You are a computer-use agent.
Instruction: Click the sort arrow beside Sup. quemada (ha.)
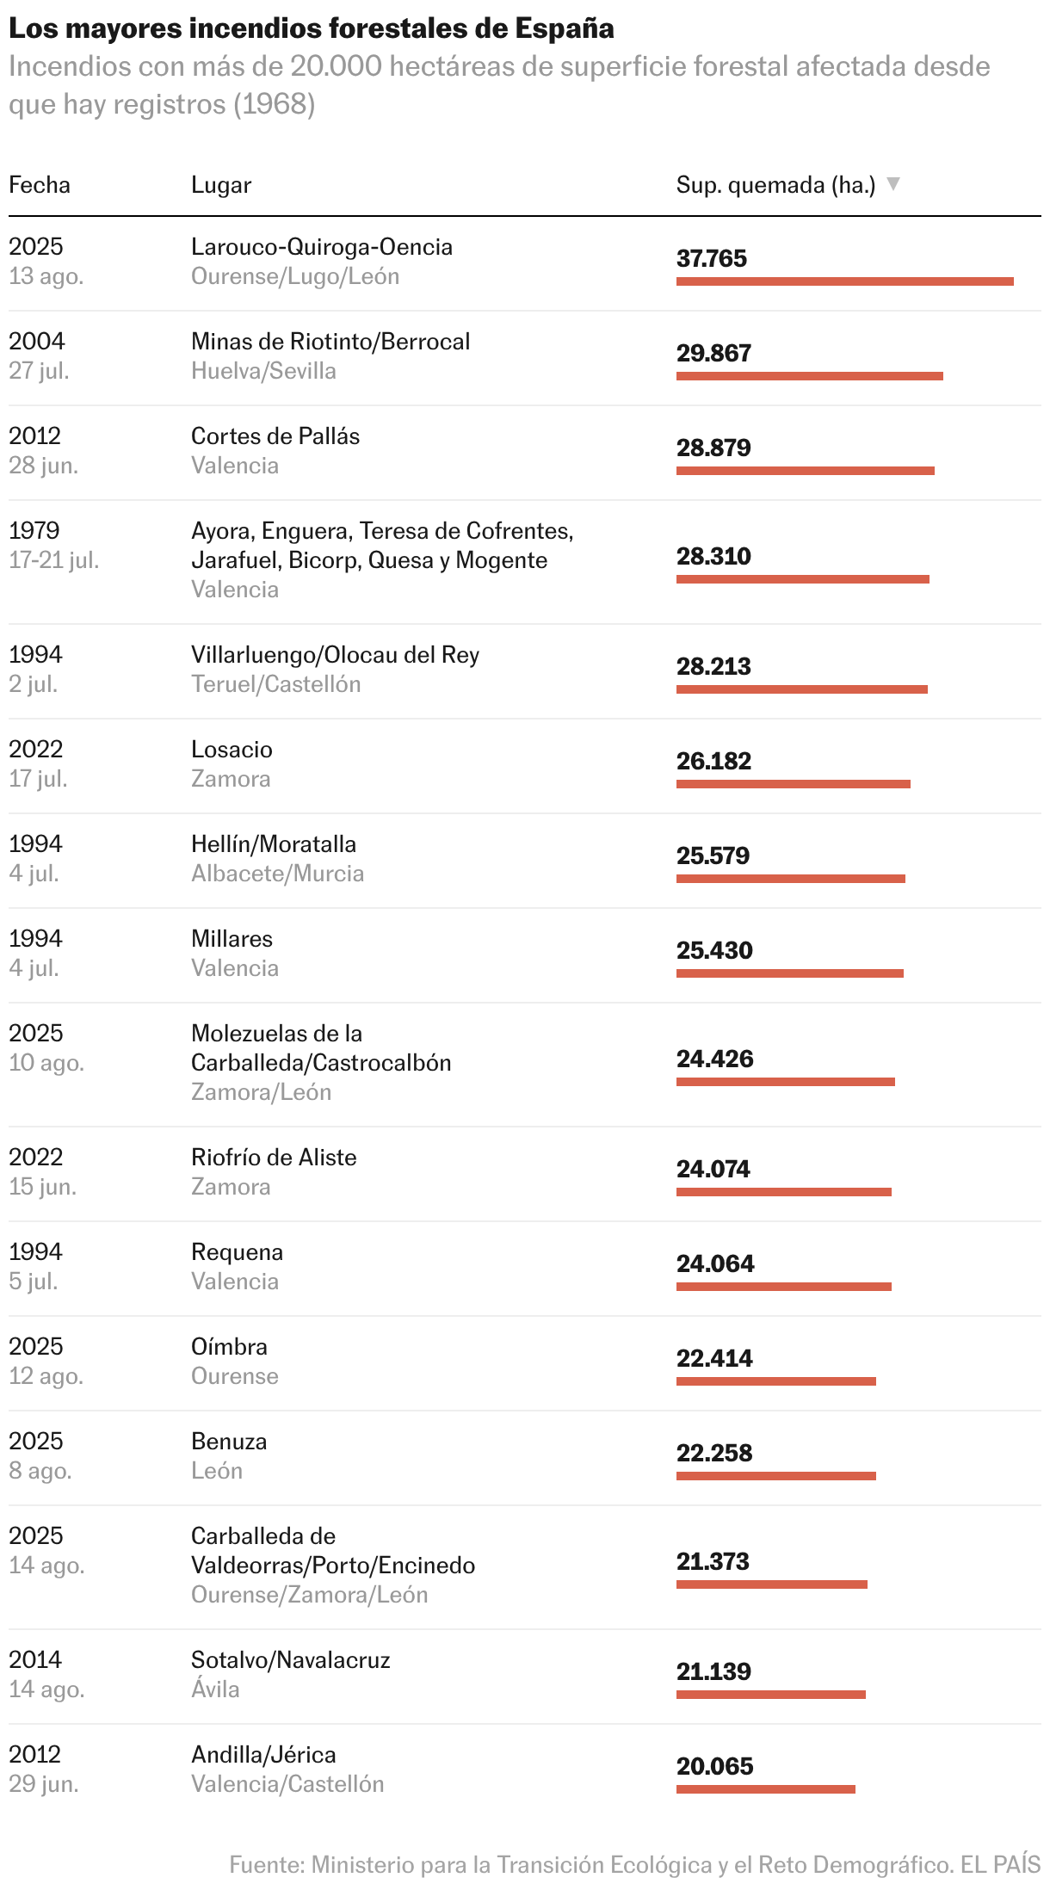(893, 184)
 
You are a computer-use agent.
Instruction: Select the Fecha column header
(40, 185)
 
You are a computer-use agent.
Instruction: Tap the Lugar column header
(221, 185)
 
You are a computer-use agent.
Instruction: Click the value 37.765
(712, 258)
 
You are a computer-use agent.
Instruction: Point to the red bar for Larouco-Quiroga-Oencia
(845, 281)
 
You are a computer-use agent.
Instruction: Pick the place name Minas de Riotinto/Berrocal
(330, 342)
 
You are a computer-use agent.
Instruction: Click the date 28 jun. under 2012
(44, 466)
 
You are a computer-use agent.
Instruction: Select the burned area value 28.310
(713, 556)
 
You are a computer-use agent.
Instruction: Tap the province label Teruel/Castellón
(276, 684)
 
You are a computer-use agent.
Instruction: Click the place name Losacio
(232, 750)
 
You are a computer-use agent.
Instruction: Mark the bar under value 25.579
(791, 879)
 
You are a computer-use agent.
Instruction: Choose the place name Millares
(232, 939)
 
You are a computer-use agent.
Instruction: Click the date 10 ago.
(46, 1063)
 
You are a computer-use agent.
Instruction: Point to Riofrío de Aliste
(274, 1158)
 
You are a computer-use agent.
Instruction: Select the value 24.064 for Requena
(715, 1263)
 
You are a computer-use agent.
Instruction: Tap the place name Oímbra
(229, 1347)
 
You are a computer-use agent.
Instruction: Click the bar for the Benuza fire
(776, 1476)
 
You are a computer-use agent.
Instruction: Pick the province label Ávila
(215, 1689)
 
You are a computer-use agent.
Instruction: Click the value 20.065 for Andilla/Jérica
(715, 1766)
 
